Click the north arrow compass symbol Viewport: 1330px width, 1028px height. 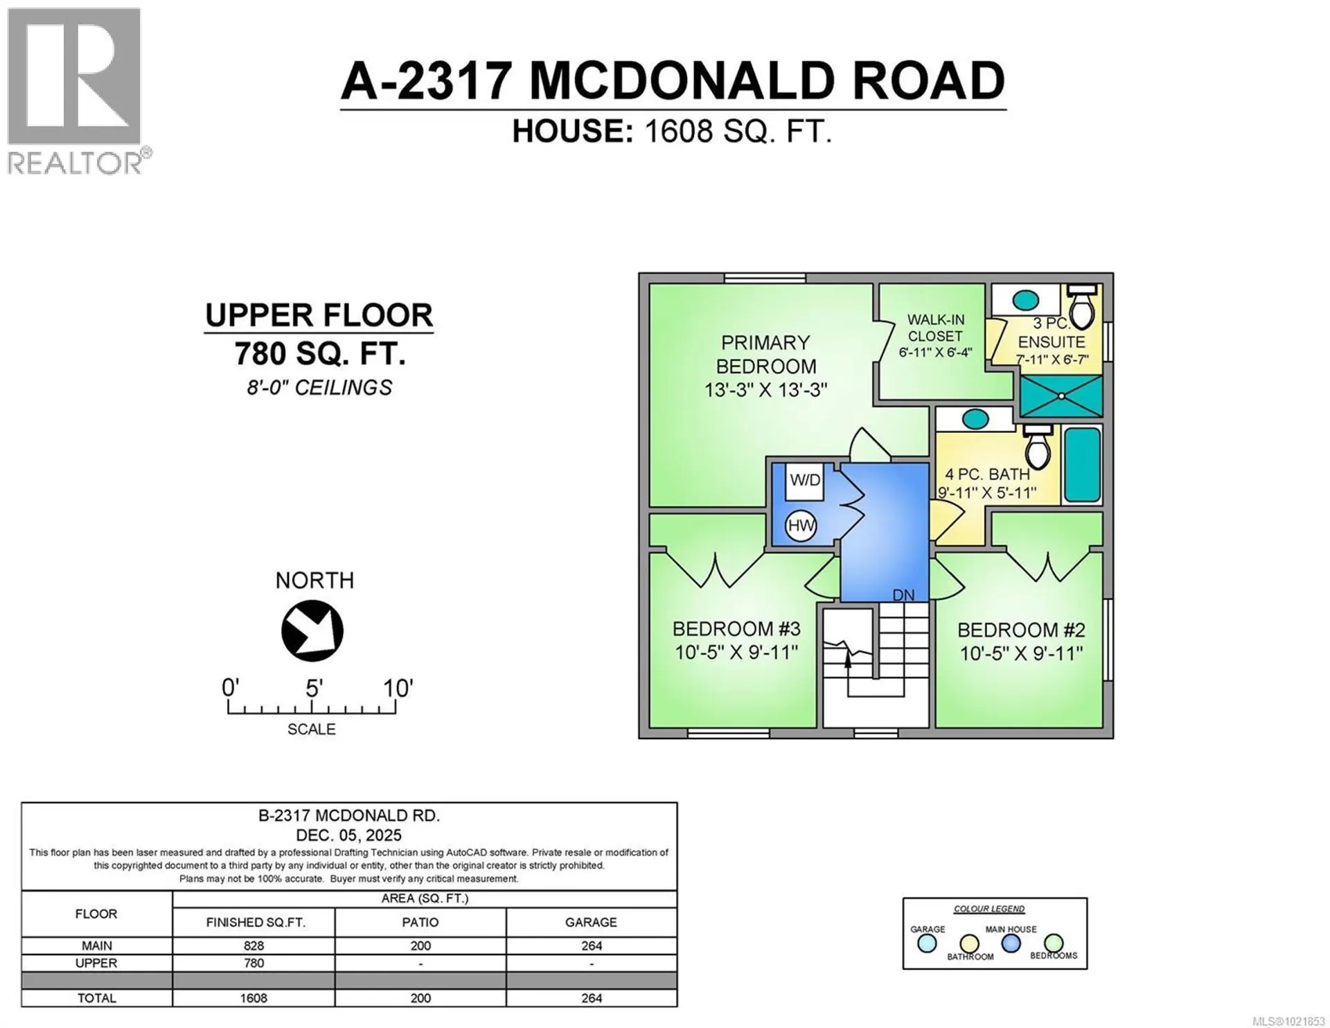click(312, 630)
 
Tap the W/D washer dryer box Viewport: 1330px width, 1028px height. click(805, 481)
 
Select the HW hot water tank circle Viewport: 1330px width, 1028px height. click(801, 526)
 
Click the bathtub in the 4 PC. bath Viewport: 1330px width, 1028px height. click(1082, 465)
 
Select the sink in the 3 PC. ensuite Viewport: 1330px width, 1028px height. click(1026, 300)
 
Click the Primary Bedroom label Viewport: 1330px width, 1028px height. click(765, 355)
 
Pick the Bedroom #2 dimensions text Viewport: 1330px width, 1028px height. click(1021, 653)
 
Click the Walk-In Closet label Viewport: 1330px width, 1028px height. click(935, 328)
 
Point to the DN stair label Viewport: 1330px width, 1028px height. click(903, 595)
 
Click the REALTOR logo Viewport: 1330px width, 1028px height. click(75, 90)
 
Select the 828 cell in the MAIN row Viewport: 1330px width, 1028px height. click(254, 946)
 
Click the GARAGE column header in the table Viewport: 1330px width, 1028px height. click(591, 922)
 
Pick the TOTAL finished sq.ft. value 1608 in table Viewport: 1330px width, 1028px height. click(254, 998)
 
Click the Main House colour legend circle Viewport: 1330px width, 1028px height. click(1011, 943)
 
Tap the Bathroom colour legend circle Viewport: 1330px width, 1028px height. click(969, 943)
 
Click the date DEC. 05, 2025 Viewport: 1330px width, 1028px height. click(348, 835)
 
